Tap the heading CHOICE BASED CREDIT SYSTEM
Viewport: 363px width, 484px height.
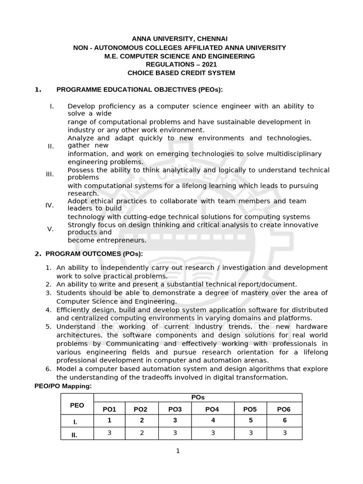tap(181, 73)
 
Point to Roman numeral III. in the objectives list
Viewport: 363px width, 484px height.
tap(50, 174)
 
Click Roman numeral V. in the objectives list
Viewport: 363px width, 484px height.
tap(51, 229)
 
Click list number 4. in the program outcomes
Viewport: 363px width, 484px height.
tap(48, 310)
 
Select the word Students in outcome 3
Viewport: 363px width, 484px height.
tap(70, 293)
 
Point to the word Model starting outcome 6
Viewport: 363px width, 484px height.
tap(66, 369)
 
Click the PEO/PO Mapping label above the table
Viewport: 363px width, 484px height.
tap(63, 386)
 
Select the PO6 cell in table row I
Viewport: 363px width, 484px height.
tap(285, 420)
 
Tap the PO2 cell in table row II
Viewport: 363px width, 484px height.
tap(141, 432)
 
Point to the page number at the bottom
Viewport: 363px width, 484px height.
tap(178, 451)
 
